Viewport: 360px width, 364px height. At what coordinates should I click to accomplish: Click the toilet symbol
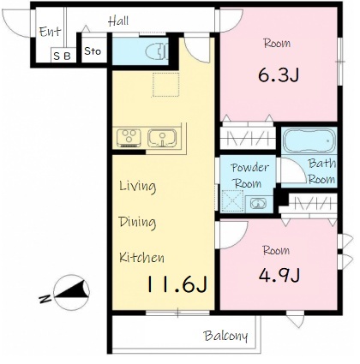(157, 51)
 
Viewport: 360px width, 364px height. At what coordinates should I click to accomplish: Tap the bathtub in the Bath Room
(309, 141)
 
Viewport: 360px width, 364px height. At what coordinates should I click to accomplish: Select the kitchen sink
(162, 138)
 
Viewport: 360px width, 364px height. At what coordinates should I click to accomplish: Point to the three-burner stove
(129, 138)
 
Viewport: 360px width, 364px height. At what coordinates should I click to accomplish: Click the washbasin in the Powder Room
(258, 204)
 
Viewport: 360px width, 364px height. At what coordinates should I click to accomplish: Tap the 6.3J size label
(279, 75)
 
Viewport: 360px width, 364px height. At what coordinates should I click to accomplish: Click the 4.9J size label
(279, 276)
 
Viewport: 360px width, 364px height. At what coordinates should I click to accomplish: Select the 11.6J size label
(177, 284)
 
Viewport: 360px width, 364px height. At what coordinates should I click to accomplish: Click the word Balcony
(225, 336)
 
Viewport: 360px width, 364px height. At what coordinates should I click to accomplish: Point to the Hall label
(118, 21)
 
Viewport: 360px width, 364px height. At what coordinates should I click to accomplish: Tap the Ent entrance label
(50, 32)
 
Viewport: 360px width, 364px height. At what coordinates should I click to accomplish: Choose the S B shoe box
(63, 56)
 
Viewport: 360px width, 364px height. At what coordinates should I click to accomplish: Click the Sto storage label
(93, 51)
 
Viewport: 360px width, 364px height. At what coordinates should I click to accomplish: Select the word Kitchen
(141, 258)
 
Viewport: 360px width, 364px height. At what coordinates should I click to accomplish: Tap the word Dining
(137, 222)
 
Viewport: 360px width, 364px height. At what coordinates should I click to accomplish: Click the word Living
(138, 186)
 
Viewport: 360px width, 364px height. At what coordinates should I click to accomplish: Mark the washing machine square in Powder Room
(232, 201)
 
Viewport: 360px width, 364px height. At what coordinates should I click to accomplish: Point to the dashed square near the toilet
(165, 85)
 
